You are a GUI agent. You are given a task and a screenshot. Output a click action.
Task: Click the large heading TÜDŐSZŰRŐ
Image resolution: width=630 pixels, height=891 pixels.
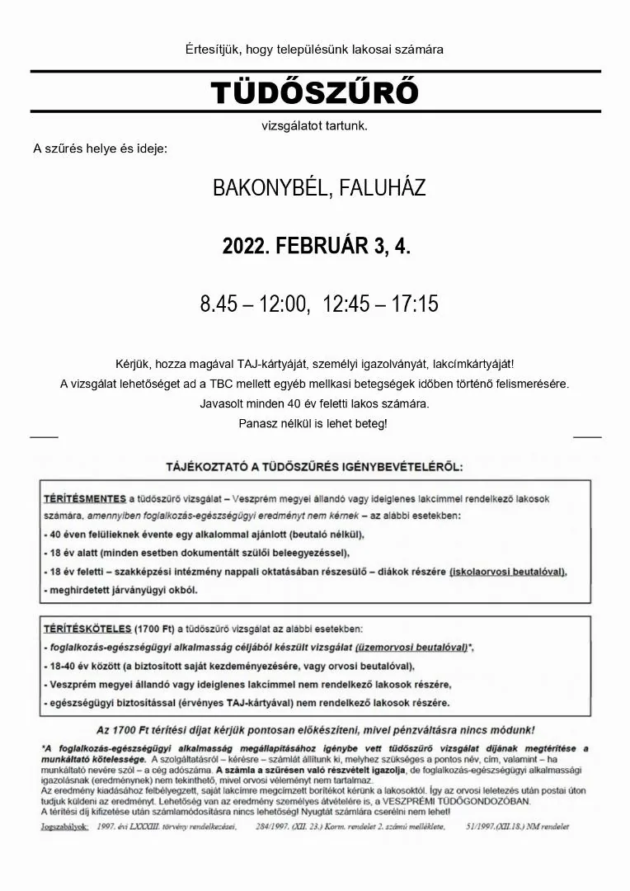[x=314, y=94]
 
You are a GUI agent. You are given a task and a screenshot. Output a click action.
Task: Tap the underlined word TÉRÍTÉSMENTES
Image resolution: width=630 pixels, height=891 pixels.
[x=85, y=498]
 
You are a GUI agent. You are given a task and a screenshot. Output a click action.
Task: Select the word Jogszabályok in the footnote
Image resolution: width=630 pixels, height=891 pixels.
[x=64, y=826]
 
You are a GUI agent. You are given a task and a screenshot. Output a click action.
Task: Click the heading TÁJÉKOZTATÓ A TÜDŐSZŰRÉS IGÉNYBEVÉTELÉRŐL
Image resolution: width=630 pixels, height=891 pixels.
[x=314, y=466]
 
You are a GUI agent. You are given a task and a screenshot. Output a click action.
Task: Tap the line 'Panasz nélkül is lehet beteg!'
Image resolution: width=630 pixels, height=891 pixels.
[x=313, y=423]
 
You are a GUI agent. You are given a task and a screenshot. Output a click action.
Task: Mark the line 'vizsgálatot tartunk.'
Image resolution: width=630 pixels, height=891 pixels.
[x=314, y=126]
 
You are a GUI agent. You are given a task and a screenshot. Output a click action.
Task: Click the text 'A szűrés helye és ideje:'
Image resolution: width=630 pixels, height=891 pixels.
[x=100, y=149]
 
